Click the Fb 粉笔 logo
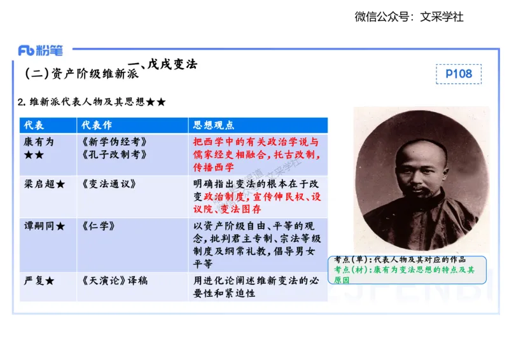tap(41, 51)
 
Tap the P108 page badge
tap(459, 74)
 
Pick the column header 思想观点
tap(214, 125)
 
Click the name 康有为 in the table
tap(39, 142)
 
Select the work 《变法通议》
tap(109, 184)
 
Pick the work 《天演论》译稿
tap(115, 280)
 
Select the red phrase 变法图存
tap(246, 209)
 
